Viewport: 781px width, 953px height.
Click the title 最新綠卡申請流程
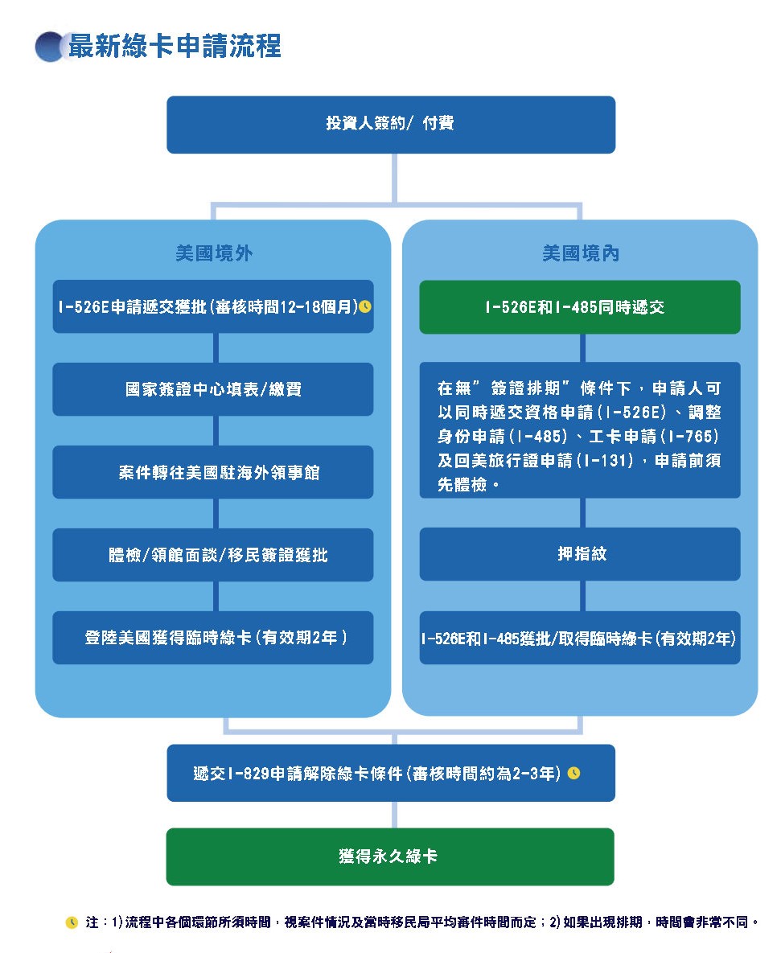[175, 47]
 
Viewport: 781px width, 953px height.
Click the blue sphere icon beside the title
[51, 47]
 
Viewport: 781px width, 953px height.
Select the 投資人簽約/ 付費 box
[390, 125]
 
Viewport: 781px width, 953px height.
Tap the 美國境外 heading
[213, 253]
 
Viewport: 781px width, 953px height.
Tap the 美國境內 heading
[580, 253]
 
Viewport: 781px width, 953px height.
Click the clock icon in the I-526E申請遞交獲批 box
[365, 306]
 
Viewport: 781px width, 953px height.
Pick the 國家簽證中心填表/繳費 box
[213, 389]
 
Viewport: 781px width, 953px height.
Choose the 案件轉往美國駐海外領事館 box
[213, 472]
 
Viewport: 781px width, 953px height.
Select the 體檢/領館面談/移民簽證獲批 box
[213, 555]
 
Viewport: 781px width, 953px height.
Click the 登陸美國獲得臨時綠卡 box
[213, 638]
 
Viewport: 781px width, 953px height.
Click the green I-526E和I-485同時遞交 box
[580, 307]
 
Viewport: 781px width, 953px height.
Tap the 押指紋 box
[580, 554]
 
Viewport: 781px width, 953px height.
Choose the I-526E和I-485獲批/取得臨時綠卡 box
[580, 639]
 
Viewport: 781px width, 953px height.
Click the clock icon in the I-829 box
[573, 773]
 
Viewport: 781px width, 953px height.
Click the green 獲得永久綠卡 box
[390, 856]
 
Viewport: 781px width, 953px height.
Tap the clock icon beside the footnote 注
[72, 922]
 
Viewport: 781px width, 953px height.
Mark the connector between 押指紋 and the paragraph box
[582, 513]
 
